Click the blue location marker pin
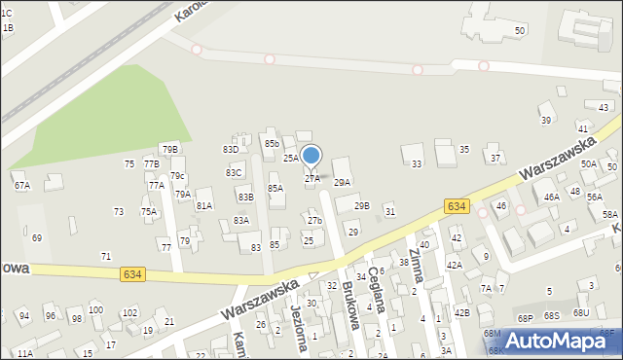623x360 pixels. (x=311, y=157)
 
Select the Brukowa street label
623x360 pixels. (x=351, y=306)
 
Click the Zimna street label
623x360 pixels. (x=417, y=266)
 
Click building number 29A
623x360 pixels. (x=342, y=182)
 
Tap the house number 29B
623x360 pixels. (x=361, y=205)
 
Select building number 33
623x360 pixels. (x=417, y=163)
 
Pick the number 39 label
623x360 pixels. (x=546, y=120)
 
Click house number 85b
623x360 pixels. (x=272, y=143)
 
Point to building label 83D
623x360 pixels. (x=231, y=149)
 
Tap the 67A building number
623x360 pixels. (x=21, y=185)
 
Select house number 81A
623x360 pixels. (x=204, y=205)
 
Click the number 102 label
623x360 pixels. (x=128, y=312)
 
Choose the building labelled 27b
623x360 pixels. (x=314, y=221)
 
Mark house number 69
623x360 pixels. (x=37, y=237)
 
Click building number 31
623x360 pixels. (x=390, y=211)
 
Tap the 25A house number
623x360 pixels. (x=291, y=157)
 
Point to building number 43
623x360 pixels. (x=604, y=107)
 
